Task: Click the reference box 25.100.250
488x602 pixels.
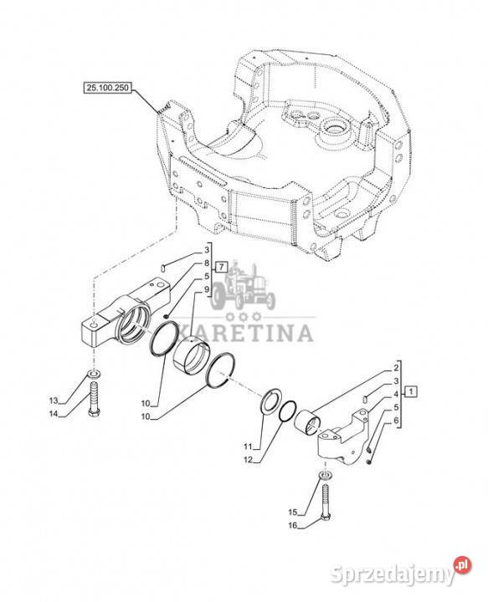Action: tap(108, 88)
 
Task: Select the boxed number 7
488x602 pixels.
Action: tap(221, 266)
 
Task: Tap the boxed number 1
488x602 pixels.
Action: tap(411, 391)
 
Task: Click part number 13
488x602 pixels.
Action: tap(54, 400)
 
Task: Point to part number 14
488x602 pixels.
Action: tap(54, 414)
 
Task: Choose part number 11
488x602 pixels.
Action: tap(248, 446)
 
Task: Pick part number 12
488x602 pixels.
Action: tap(249, 460)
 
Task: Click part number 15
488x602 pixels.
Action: tap(293, 512)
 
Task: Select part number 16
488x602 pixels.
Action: tap(293, 525)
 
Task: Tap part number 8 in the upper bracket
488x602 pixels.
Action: tap(207, 263)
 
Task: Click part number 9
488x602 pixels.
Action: tap(207, 288)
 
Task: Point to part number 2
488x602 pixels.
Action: tap(396, 368)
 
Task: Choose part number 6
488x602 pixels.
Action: tap(396, 421)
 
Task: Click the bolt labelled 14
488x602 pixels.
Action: tap(94, 399)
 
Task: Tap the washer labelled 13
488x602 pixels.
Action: tap(94, 373)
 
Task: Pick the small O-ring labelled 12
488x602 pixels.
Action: tap(287, 411)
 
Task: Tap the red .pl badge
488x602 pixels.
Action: tap(462, 565)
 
